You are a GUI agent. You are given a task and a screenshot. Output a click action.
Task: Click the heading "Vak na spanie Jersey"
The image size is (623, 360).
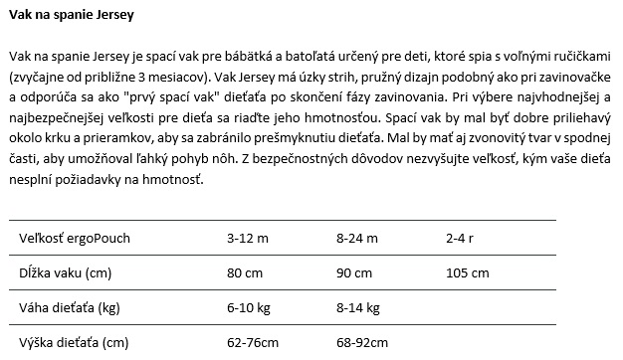point(70,18)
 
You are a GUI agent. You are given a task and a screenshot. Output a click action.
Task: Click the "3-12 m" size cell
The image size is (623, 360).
point(247,239)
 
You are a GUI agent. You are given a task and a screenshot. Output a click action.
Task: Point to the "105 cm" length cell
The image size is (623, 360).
point(468,273)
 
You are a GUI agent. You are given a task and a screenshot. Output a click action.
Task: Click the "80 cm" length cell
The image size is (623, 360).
point(245,273)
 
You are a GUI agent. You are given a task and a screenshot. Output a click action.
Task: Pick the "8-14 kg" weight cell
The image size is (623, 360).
point(359,308)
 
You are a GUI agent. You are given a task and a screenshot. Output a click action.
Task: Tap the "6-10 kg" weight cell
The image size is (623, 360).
point(249,308)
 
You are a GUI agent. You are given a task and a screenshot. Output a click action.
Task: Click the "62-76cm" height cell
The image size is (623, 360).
point(253,344)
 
